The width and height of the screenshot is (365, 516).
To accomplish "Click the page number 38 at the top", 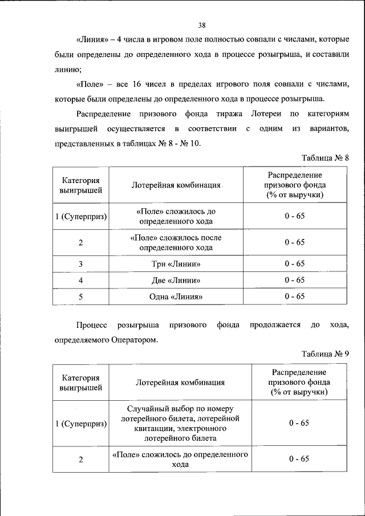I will point(202,25).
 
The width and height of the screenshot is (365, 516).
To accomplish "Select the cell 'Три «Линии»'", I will point(176,263).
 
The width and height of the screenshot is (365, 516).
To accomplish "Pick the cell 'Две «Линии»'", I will point(176,280).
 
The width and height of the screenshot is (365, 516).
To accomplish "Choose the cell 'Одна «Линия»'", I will point(176,296).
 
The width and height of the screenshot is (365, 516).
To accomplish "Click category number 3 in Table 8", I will point(81,263).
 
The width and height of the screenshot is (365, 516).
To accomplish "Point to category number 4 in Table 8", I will point(81,280).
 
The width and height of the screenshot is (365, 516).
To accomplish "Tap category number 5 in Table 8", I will point(81,296).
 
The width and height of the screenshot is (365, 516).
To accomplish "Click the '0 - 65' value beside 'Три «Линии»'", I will point(295,263).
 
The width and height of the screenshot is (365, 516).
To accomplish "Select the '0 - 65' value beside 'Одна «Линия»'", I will point(295,296).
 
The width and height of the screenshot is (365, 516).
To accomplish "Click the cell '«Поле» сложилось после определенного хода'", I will point(176,242).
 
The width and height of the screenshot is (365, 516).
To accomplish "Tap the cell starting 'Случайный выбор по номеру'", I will point(180,423).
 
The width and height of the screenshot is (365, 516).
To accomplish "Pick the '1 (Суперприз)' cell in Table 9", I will point(81,424).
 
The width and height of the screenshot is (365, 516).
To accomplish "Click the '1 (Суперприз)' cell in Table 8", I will point(81,216).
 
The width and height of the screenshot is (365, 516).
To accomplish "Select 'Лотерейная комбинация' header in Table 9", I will point(180,383).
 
